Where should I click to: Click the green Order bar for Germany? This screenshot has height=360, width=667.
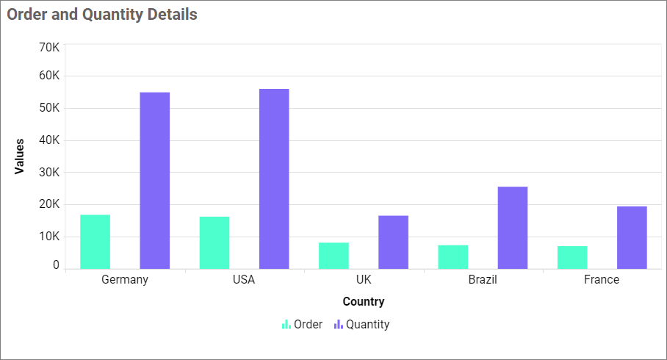click(95, 242)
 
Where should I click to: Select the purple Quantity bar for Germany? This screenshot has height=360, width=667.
click(155, 181)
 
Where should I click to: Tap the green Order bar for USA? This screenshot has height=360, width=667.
click(214, 242)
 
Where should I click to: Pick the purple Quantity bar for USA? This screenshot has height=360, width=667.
click(274, 179)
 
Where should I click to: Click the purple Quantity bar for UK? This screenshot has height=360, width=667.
click(393, 242)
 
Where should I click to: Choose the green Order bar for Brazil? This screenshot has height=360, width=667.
click(453, 256)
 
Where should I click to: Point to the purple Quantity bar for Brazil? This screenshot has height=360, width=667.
click(513, 228)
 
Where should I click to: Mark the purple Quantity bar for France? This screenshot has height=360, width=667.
click(632, 237)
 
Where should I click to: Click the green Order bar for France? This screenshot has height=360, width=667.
click(572, 257)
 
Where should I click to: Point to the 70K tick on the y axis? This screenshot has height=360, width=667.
click(49, 48)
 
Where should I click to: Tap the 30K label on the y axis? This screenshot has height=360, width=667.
click(49, 173)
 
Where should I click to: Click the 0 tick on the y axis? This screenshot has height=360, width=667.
click(56, 265)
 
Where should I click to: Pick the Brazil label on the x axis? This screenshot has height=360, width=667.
click(483, 280)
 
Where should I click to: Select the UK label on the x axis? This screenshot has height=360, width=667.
click(364, 280)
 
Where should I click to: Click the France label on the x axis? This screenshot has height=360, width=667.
click(602, 280)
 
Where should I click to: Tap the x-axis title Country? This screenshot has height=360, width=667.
click(364, 301)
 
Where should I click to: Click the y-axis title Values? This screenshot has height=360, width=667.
click(19, 156)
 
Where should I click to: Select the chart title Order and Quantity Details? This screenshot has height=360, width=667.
click(102, 14)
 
